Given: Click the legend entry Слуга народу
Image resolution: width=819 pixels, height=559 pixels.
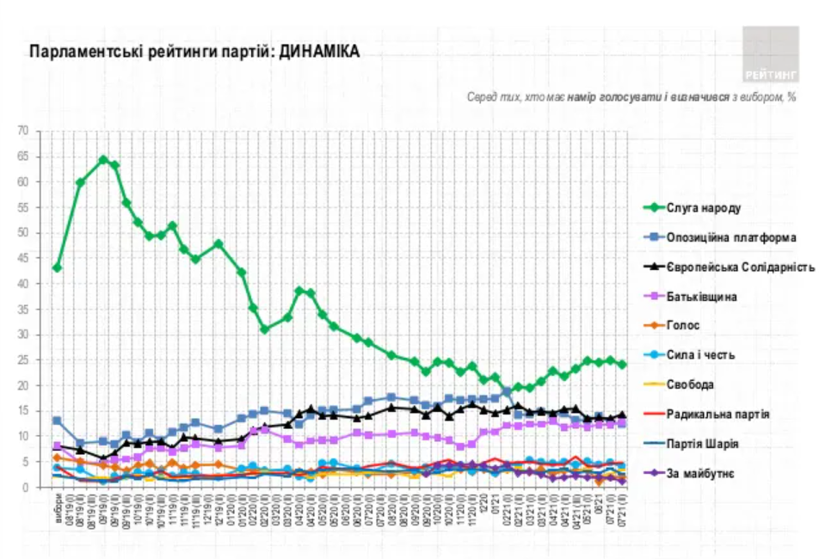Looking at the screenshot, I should pos(704,208).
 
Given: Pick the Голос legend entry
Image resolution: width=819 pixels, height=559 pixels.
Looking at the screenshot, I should pos(683,326).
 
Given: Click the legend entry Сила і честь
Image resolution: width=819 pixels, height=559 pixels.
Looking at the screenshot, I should pos(701,355).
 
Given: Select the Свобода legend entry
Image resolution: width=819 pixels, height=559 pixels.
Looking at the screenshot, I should pos(691,384).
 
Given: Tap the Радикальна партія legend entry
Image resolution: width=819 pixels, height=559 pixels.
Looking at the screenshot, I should pos(718,415).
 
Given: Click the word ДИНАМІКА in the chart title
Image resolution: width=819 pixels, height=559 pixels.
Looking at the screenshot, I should pos(319,52).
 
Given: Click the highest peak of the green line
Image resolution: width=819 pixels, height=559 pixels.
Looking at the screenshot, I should pos(103,159).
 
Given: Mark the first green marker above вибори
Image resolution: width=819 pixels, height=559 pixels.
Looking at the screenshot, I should pos(57,267).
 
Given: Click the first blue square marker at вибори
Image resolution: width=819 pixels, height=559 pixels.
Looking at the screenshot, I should pos(57,421).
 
